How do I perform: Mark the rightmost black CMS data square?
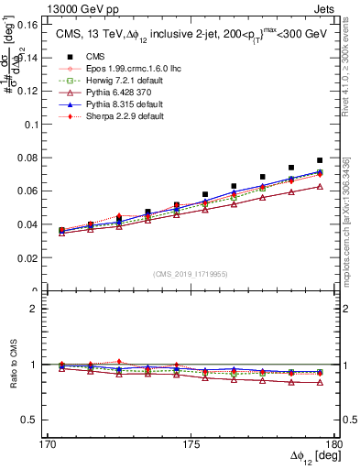(x=320, y=160)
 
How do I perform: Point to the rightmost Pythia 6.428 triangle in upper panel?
(x=320, y=186)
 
